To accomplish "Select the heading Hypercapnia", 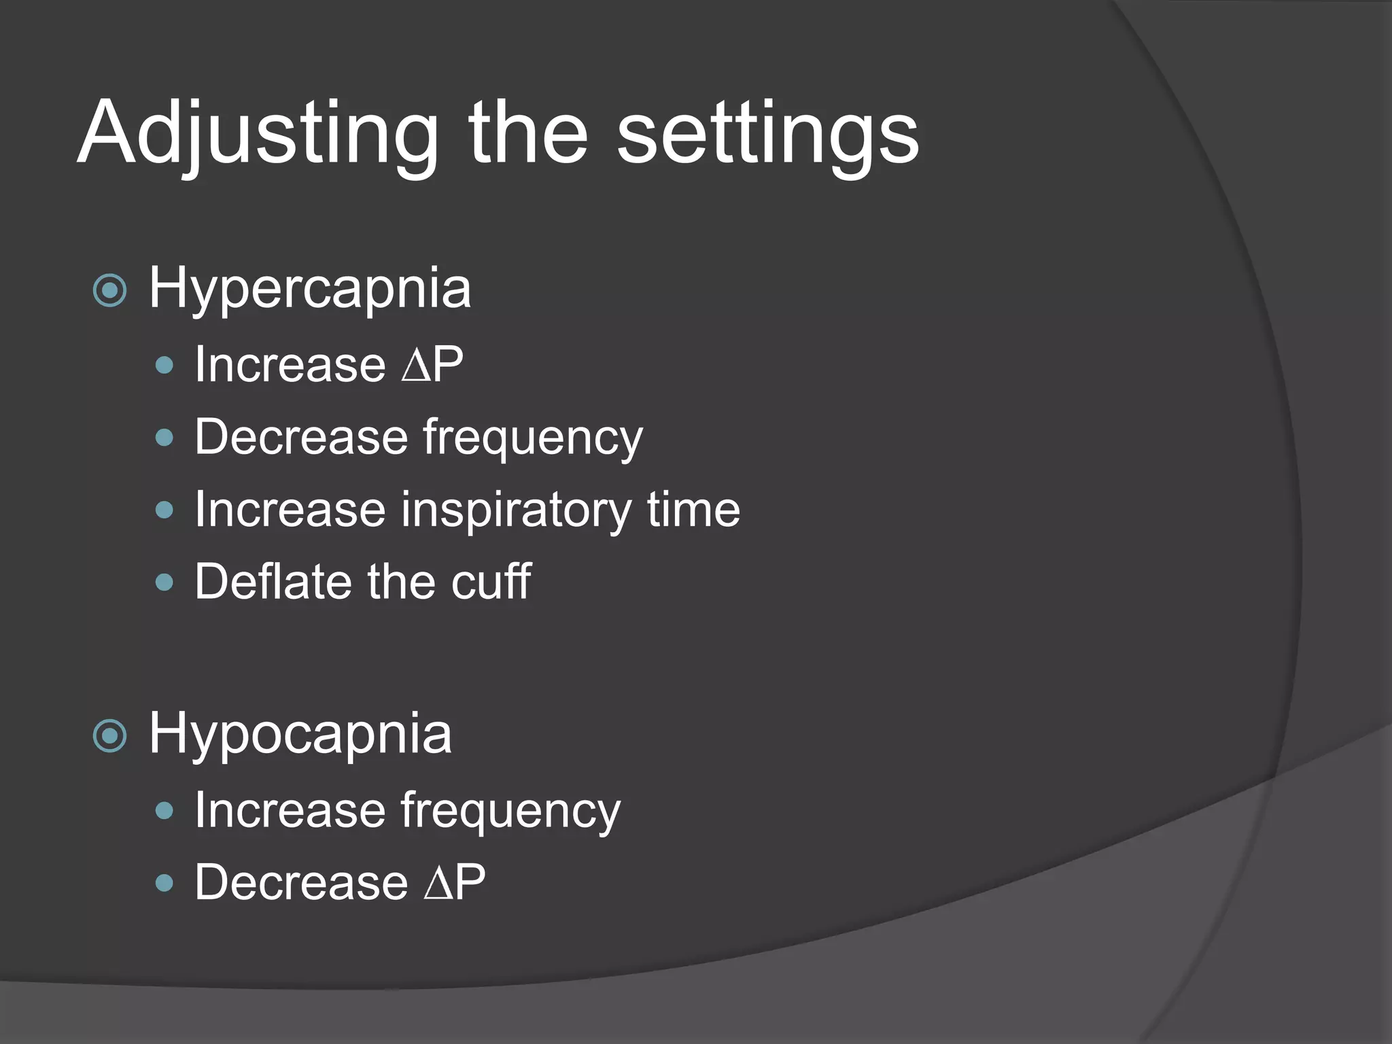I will [x=309, y=289].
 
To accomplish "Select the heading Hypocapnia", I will [x=300, y=734].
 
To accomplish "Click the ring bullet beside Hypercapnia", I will [x=109, y=291].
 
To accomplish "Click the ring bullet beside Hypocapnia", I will [x=109, y=736].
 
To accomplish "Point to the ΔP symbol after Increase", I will [x=432, y=364].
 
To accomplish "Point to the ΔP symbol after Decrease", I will [x=454, y=882].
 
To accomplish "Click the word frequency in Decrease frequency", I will [x=532, y=438].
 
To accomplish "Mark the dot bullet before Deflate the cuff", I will [x=164, y=582].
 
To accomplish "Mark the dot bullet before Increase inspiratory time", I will [x=164, y=510].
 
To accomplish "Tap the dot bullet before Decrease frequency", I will [x=164, y=437].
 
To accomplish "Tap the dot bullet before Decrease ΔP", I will [x=164, y=883].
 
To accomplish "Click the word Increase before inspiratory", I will [x=290, y=509].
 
